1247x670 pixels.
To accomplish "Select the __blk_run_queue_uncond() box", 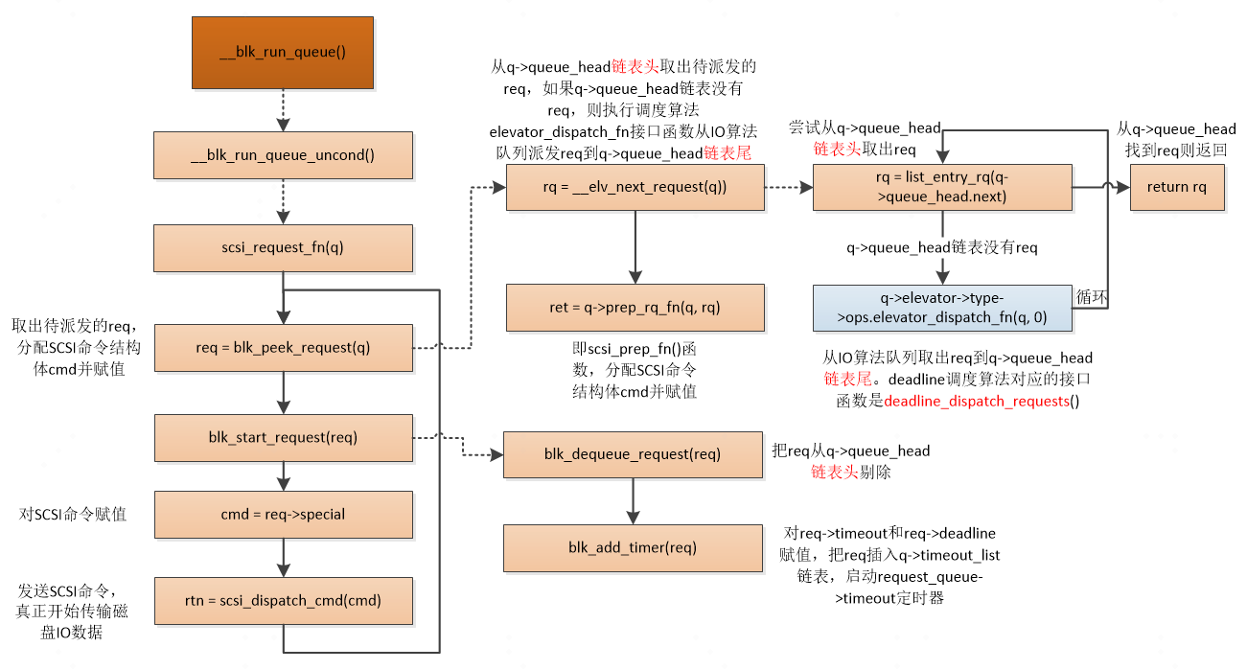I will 283,155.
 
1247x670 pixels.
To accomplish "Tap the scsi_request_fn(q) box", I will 283,248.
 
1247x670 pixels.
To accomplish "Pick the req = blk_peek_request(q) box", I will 283,348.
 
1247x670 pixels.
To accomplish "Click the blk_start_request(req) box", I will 283,438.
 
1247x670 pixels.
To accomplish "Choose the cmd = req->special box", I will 283,515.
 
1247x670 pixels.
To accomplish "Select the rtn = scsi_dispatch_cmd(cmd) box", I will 283,601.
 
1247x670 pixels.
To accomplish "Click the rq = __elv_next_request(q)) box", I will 635,188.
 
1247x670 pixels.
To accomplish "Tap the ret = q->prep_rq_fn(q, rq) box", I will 635,308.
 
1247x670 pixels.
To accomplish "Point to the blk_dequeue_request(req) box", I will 633,454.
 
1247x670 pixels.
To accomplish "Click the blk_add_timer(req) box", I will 633,548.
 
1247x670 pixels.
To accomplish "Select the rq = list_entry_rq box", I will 941,188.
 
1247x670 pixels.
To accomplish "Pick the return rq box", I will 1176,188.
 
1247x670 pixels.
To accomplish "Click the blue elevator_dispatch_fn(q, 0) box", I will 941,309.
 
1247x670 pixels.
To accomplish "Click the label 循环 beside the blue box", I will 1092,297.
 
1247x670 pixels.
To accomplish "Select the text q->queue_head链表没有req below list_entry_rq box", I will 941,248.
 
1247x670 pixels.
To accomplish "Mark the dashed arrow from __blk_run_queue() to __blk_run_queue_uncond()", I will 283,111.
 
